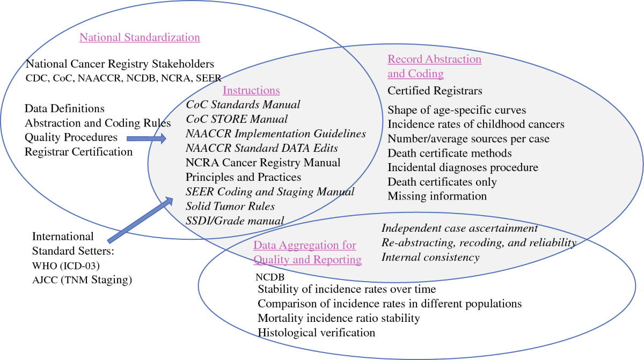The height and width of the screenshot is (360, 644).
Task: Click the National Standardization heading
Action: pos(140,38)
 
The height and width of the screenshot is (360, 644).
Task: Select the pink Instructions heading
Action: pos(251,91)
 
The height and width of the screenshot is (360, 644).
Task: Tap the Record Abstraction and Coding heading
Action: pos(434,66)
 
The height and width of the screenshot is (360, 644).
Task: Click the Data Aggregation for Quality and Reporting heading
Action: pos(308,253)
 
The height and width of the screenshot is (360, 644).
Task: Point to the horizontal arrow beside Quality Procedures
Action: pos(147,139)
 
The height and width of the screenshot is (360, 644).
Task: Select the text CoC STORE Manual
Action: pos(237,119)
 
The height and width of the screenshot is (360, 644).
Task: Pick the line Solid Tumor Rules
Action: pos(230,206)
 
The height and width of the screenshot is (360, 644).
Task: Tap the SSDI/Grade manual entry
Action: pos(235,221)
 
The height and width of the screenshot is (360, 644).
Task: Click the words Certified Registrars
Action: pos(435,91)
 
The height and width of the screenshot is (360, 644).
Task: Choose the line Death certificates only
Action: pos(442,182)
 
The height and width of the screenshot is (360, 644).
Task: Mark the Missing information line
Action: pos(437,196)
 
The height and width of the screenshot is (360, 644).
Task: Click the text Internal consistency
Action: pos(430,258)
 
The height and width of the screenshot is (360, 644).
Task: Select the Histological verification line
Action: pos(317,333)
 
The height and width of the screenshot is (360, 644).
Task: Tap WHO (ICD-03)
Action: pos(67,266)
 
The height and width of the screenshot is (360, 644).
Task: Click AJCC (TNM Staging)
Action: pos(82,280)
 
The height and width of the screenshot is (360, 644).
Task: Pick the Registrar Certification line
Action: pos(78,152)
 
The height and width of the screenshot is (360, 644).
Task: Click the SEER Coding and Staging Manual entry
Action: pos(270,192)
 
